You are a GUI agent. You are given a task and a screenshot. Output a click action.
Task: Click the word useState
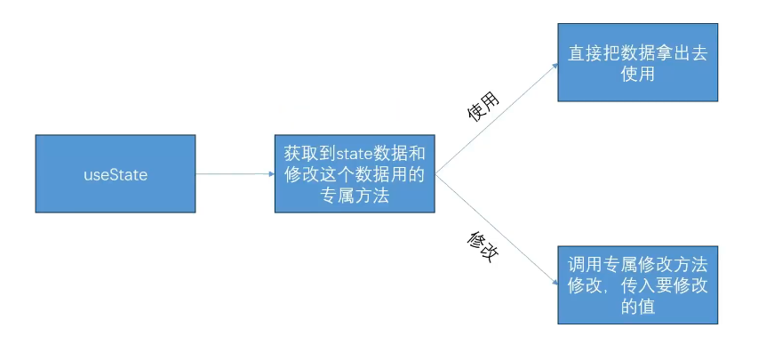(115, 175)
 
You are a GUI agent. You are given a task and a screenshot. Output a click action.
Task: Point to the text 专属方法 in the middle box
(354, 196)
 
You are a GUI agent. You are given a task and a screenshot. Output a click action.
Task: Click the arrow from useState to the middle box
(233, 174)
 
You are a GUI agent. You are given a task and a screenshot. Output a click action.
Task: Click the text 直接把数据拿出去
(638, 53)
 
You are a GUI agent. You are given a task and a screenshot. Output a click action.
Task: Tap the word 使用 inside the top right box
(638, 75)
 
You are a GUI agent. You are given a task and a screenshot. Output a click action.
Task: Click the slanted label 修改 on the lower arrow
(480, 245)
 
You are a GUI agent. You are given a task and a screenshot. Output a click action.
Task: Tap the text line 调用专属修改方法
(638, 265)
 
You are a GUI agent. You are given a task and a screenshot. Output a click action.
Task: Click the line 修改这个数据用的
(354, 174)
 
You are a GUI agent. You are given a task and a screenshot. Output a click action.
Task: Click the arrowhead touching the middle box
(270, 174)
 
